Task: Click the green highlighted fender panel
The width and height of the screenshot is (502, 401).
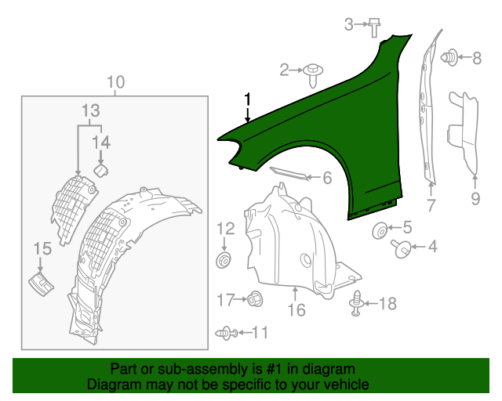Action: pyautogui.click(x=336, y=128)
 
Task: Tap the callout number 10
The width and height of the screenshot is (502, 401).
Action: pyautogui.click(x=115, y=82)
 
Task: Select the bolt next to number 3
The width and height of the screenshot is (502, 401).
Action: pyautogui.click(x=374, y=28)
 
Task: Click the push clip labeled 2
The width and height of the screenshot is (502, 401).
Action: pyautogui.click(x=313, y=75)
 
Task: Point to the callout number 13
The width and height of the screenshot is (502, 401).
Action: pyautogui.click(x=91, y=110)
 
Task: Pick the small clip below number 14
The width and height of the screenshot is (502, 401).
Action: pyautogui.click(x=101, y=170)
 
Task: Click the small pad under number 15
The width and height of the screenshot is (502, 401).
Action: pyautogui.click(x=41, y=284)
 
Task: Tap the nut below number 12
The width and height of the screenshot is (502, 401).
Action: pyautogui.click(x=224, y=260)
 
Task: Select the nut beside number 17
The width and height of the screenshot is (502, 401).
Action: pyautogui.click(x=255, y=299)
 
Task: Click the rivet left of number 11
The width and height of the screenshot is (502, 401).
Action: pyautogui.click(x=227, y=333)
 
